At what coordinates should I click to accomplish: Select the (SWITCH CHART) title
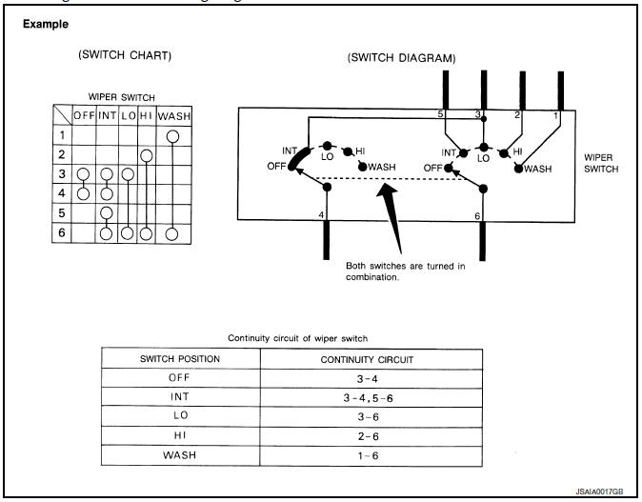tap(124, 55)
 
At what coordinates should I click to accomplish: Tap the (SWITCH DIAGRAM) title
tap(402, 57)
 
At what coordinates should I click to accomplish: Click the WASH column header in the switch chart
tap(172, 116)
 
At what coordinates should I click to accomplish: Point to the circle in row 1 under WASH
tap(172, 136)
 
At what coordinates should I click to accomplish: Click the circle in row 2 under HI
tap(146, 155)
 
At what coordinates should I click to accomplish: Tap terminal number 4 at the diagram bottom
tap(321, 214)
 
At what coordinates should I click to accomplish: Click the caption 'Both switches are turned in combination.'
tap(405, 271)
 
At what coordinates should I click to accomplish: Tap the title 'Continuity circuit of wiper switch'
tap(297, 337)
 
